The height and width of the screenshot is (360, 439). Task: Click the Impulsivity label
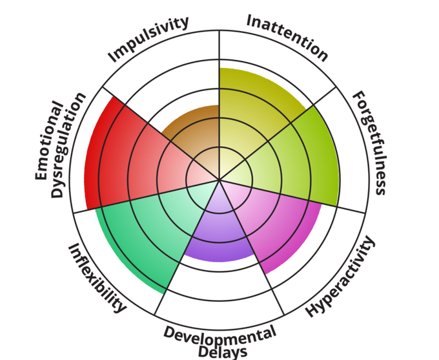(148, 39)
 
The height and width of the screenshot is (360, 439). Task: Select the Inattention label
(287, 36)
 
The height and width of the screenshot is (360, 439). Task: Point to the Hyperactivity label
(340, 278)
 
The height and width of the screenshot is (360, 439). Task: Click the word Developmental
(219, 335)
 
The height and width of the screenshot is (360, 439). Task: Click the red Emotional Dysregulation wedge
(123, 155)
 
